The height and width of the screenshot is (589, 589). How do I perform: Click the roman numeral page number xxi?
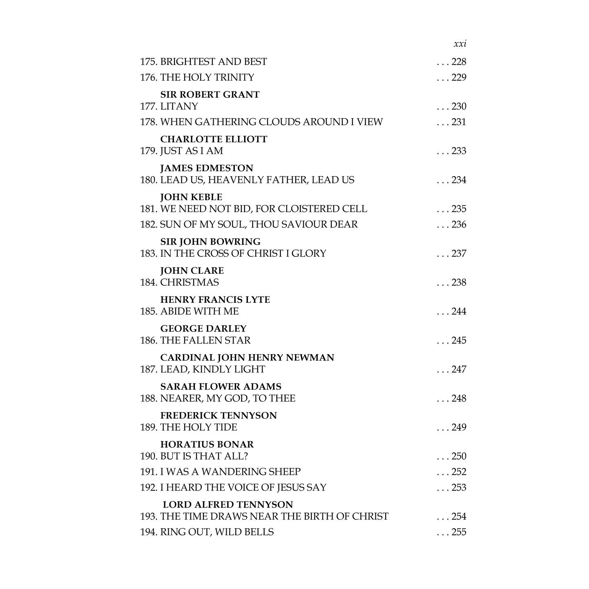[460, 44]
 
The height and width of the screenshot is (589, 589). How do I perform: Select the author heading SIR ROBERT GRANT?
[210, 95]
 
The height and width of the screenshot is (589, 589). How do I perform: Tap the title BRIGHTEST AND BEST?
[214, 62]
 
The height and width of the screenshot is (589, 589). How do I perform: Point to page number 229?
[459, 77]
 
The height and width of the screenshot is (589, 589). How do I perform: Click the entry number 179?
[148, 151]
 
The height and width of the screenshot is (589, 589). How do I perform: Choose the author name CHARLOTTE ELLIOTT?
[214, 139]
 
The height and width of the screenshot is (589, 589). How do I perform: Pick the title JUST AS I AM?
[192, 151]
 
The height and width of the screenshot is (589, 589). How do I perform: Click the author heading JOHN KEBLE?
[191, 197]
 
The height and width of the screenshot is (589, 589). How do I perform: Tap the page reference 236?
[459, 225]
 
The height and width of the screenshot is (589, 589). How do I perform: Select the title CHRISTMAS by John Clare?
[190, 282]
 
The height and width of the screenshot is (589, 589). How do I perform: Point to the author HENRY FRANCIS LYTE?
[215, 300]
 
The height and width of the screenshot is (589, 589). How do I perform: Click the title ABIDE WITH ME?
[199, 311]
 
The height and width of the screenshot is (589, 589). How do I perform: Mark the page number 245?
[459, 340]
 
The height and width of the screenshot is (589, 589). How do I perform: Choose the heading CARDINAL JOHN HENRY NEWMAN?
[247, 358]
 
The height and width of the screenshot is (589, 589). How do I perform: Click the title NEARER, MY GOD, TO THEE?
[227, 398]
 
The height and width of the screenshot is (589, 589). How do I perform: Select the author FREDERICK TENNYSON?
[218, 416]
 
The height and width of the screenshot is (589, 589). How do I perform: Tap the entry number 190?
[148, 457]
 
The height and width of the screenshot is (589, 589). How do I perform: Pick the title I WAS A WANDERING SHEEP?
[230, 472]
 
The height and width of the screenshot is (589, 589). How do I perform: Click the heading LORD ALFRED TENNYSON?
[228, 505]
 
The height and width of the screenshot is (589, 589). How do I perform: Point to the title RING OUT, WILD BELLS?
[217, 532]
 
